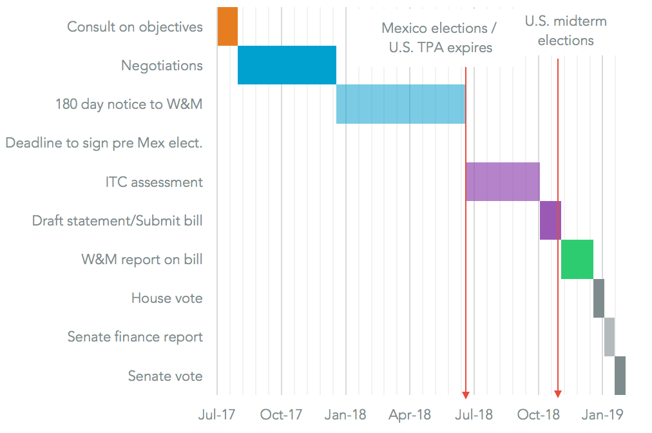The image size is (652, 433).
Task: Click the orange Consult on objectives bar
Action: (227, 26)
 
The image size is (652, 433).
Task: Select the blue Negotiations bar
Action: (287, 65)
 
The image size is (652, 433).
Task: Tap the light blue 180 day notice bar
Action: (400, 104)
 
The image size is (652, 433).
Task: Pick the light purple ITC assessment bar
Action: (503, 182)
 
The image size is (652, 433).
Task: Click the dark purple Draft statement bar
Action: (550, 220)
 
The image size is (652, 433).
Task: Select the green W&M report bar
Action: (577, 259)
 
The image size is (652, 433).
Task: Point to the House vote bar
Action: (599, 298)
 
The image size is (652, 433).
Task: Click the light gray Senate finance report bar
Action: (609, 336)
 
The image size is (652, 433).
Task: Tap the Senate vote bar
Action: (620, 376)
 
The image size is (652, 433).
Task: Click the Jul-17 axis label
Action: (217, 414)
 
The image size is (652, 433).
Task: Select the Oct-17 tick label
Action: (281, 414)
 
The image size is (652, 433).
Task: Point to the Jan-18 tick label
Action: (345, 414)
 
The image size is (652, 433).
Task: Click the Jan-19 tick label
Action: (602, 414)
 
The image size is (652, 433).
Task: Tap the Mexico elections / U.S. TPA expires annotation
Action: (440, 37)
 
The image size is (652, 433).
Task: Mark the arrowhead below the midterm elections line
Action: (558, 394)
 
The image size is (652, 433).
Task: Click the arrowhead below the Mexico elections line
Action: (465, 394)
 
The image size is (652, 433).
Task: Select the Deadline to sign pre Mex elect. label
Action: (104, 143)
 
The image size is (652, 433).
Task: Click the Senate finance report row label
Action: (135, 337)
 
